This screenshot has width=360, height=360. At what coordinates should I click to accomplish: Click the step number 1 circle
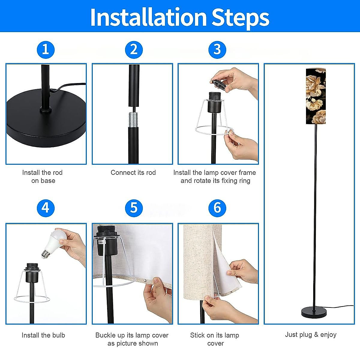coord(46,50)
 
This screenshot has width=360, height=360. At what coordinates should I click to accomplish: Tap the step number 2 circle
coord(134,50)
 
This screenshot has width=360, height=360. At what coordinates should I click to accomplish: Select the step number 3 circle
coord(217,50)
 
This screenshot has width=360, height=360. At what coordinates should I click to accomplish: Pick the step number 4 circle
coord(46,208)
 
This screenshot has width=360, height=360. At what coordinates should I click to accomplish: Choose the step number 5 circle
coord(134,208)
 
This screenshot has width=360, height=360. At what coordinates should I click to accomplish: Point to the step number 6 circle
coord(217,208)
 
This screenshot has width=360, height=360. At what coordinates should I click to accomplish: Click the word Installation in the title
coord(148,17)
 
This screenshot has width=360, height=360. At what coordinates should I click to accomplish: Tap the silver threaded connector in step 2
coord(133,119)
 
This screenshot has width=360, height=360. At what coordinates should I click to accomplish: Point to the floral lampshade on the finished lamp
coord(316,96)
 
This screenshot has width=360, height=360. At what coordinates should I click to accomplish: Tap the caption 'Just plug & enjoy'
coord(311,334)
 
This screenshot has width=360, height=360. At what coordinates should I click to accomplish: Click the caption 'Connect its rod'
coord(133,172)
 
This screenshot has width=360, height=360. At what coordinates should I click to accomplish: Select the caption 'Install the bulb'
coord(43,335)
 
